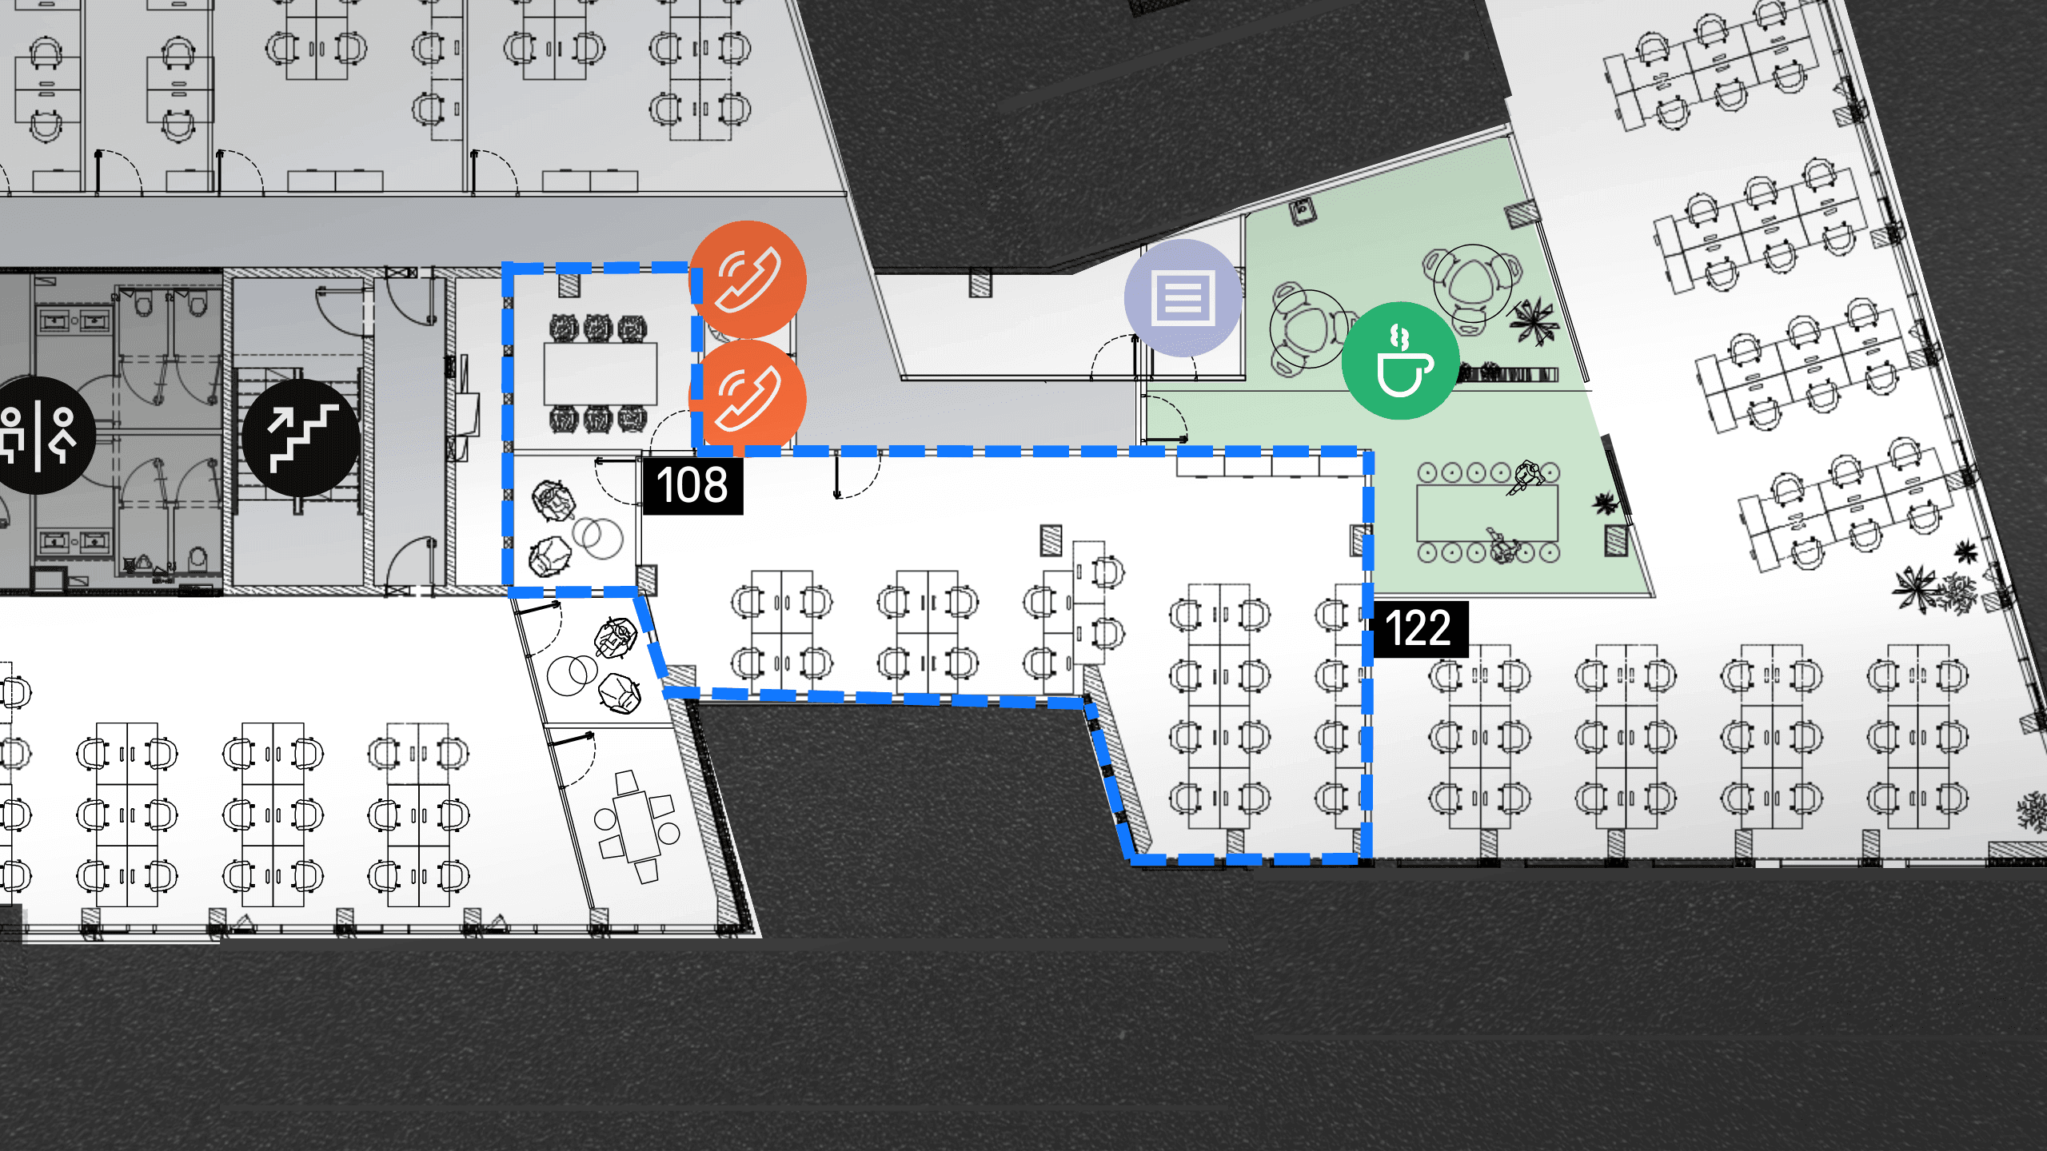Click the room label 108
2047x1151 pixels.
click(692, 485)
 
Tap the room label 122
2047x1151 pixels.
click(1418, 628)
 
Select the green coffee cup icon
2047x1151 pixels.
click(1400, 360)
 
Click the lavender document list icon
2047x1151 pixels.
click(1183, 298)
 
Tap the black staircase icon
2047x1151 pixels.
click(301, 437)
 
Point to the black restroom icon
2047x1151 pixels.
click(38, 436)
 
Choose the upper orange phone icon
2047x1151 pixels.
click(748, 279)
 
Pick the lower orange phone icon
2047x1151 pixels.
click(748, 398)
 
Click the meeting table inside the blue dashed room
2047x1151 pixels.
click(601, 374)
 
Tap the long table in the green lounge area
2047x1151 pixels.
click(1487, 512)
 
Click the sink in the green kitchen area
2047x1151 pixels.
click(1303, 211)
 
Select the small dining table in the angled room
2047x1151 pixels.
click(637, 826)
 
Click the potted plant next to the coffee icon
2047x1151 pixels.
click(1532, 321)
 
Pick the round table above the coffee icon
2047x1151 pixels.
click(1472, 283)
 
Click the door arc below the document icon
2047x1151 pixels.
click(1116, 356)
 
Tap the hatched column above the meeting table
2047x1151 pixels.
click(569, 284)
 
